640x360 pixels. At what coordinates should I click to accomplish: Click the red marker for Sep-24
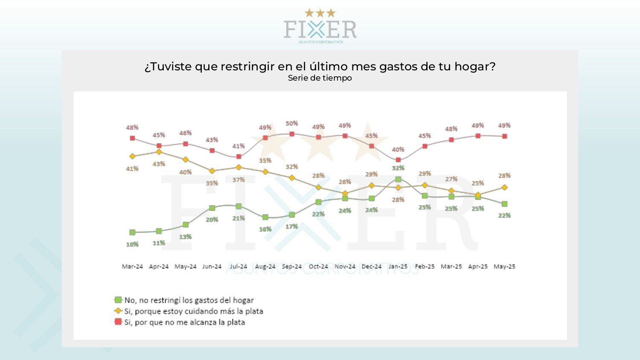[x=292, y=134]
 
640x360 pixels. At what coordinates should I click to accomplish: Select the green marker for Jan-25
[x=398, y=180]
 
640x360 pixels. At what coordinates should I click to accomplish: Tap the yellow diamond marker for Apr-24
[x=159, y=152]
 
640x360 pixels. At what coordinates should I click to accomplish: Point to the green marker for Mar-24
[x=132, y=232]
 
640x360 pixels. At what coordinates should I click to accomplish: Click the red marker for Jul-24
[x=239, y=157]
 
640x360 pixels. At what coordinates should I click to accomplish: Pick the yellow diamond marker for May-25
[x=504, y=187]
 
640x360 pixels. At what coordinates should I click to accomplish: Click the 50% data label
[x=292, y=123]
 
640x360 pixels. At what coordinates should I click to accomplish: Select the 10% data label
[x=132, y=244]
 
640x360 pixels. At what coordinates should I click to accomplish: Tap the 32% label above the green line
[x=398, y=168]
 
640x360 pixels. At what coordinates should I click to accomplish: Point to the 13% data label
[x=185, y=237]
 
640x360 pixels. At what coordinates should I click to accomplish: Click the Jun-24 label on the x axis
[x=212, y=267]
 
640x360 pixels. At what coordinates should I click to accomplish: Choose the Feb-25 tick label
[x=425, y=267]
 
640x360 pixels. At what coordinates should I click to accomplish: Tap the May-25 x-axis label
[x=504, y=267]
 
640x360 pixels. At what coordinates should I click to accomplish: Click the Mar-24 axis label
[x=132, y=267]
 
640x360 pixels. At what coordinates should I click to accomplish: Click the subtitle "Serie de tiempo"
[x=320, y=78]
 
